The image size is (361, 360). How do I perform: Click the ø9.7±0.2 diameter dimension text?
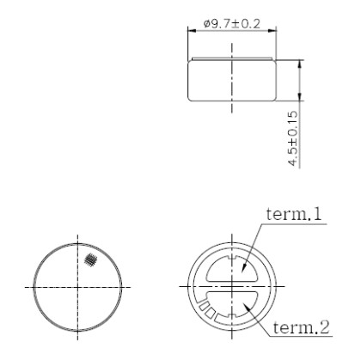coord(230,22)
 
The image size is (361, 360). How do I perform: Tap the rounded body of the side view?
coord(230,82)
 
